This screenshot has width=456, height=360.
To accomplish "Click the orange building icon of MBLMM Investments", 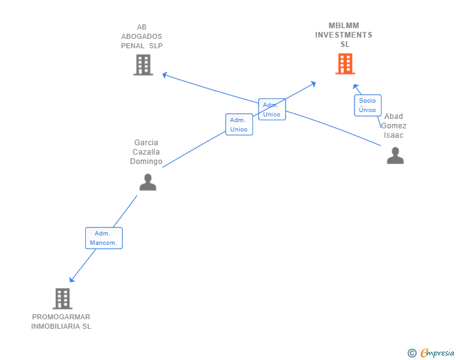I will pos(345,64).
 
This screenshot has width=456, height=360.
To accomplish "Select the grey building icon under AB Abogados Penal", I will pos(143,64).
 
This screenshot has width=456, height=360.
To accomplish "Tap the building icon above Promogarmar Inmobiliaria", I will pos(62,299).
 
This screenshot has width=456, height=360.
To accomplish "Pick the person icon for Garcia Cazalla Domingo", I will pos(147,182).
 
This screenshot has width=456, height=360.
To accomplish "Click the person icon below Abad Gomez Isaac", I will pos(395,156).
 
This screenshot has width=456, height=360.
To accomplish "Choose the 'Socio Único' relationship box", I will pos(367,105).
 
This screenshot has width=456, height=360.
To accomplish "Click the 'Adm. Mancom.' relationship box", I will pos(103,238).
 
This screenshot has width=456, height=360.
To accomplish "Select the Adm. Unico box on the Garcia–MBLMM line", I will pos(239,125).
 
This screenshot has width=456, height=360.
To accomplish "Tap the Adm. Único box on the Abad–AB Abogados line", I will pos(271,110).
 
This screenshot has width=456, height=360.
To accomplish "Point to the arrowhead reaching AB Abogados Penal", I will pos(164,75).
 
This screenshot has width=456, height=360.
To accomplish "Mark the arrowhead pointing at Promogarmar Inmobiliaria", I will pos(72,280).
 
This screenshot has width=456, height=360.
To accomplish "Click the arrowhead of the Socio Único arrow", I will pos(355,86).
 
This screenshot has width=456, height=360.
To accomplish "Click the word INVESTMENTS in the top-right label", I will pos(343,35).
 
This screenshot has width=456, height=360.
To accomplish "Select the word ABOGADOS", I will pos(142,36).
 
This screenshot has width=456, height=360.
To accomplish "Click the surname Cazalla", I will pos(146,152).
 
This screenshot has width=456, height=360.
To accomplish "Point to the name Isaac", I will pos(394,135).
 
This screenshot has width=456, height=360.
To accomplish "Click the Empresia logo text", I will pos(438,353).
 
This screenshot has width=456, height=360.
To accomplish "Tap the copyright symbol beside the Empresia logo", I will pos(412,353).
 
